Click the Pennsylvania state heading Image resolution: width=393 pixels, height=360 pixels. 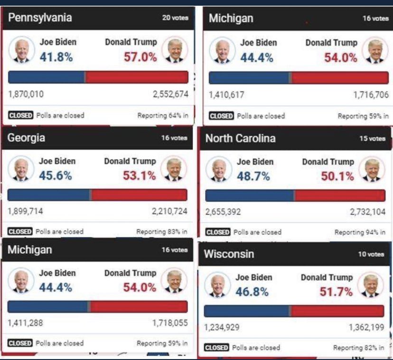coord(40,18)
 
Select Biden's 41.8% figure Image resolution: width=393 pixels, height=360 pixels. coord(56,57)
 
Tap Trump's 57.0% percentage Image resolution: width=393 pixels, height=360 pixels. coord(140,57)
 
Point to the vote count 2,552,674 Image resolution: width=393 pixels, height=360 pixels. coord(170,94)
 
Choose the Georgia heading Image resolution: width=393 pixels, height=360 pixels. coord(27,138)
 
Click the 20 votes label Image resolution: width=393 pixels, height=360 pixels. coord(175,18)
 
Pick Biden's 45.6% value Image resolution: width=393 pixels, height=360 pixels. coord(56,176)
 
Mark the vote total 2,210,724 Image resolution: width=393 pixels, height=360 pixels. coord(169,211)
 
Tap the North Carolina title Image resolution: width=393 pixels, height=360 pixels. coord(240,138)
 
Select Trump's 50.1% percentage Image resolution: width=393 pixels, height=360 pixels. coord(337,177)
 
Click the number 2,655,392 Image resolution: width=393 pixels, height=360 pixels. coord(223,212)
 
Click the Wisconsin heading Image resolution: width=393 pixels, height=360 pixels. coord(229,254)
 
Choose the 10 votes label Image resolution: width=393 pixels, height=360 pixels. coord(371,254)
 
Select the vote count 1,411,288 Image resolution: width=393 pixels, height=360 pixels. coord(25,323)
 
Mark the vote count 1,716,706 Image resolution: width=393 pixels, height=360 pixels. coord(371,95)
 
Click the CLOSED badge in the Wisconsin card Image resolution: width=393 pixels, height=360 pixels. coord(216,348)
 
